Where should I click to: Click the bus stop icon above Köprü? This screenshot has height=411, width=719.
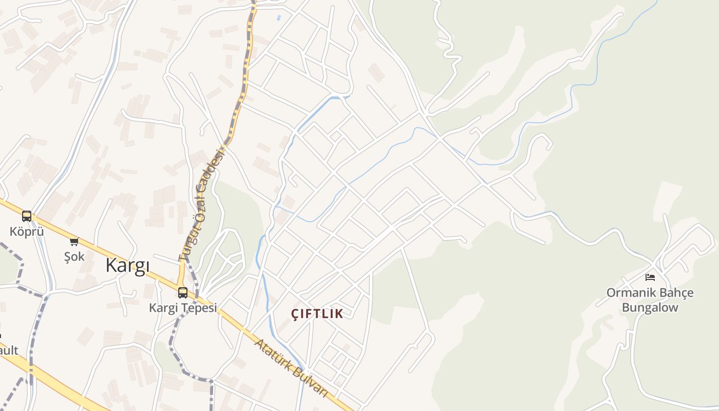pyautogui.click(x=27, y=216)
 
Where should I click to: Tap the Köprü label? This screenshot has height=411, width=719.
pyautogui.click(x=27, y=232)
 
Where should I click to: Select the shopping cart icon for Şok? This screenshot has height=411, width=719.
pyautogui.click(x=74, y=241)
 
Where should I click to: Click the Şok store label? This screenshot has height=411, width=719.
pyautogui.click(x=74, y=256)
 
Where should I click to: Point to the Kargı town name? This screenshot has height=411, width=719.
pyautogui.click(x=127, y=266)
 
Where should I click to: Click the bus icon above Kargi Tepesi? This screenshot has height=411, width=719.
pyautogui.click(x=182, y=293)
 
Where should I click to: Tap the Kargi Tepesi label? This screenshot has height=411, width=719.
pyautogui.click(x=183, y=308)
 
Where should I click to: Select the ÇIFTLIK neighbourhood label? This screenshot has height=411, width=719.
pyautogui.click(x=317, y=314)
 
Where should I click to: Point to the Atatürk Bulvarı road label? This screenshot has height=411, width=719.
pyautogui.click(x=291, y=368)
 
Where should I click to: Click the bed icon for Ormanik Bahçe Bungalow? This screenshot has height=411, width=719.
pyautogui.click(x=650, y=277)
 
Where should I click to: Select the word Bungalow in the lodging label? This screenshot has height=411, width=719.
pyautogui.click(x=650, y=308)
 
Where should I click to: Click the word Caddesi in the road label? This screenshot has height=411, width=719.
pyautogui.click(x=215, y=172)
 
